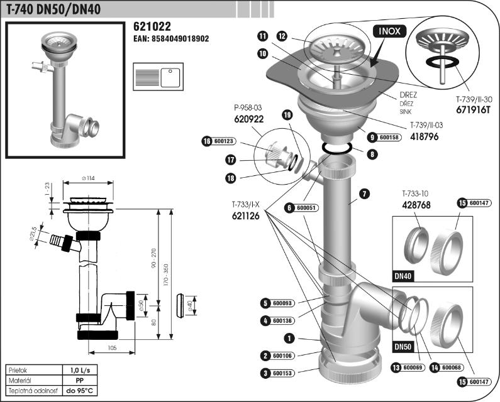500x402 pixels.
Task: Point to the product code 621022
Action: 152,27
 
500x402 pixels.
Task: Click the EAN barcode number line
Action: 171,39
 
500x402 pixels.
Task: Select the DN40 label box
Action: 403,275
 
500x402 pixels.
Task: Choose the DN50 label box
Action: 403,346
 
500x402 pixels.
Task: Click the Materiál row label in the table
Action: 22,381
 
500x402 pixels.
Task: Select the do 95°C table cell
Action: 79,391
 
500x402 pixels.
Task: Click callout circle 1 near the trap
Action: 289,338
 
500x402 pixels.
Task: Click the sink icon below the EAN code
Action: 157,79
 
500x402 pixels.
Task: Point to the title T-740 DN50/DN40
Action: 54,8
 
